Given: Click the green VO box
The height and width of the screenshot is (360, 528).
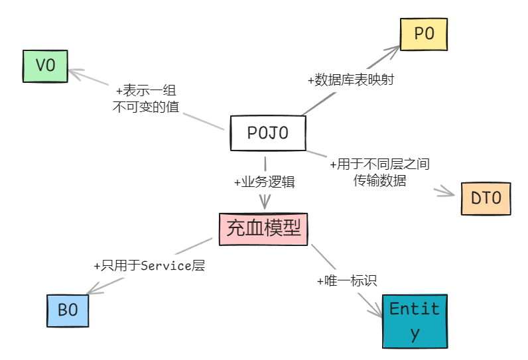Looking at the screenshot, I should (45, 66).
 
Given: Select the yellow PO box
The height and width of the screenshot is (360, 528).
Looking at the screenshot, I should (424, 34).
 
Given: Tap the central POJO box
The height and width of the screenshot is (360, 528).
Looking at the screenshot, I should (268, 133).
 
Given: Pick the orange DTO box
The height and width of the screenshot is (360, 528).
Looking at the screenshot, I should (486, 198).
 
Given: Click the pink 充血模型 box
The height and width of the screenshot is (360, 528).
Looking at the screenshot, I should (264, 228).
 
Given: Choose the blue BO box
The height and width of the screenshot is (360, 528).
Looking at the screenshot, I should (68, 310).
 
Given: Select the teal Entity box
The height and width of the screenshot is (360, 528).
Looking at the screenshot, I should (415, 321).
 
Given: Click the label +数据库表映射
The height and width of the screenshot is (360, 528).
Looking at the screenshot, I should (352, 80).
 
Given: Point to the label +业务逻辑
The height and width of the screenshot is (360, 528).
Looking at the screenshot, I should (264, 182).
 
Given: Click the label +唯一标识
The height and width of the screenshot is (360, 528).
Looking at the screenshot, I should (347, 280).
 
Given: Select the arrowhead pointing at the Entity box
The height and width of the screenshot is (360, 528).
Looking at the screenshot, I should (378, 312).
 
